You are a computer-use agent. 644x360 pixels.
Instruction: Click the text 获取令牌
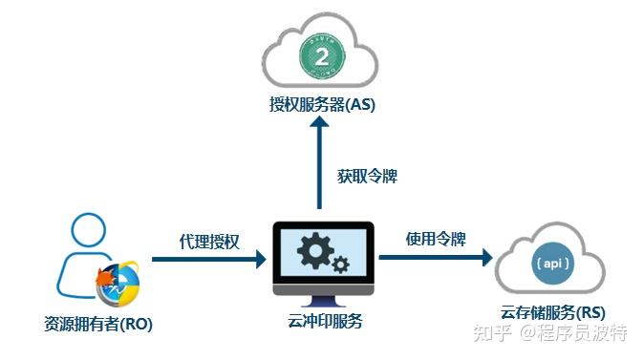(367, 177)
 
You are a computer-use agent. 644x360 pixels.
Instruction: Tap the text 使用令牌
(435, 237)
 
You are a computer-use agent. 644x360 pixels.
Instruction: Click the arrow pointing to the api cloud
(435, 256)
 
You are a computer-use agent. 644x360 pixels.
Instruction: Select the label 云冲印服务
(324, 321)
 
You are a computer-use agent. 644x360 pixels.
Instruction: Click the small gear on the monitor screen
(340, 265)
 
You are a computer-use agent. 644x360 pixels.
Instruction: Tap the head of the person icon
(87, 229)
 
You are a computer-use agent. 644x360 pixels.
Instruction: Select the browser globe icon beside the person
(119, 281)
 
